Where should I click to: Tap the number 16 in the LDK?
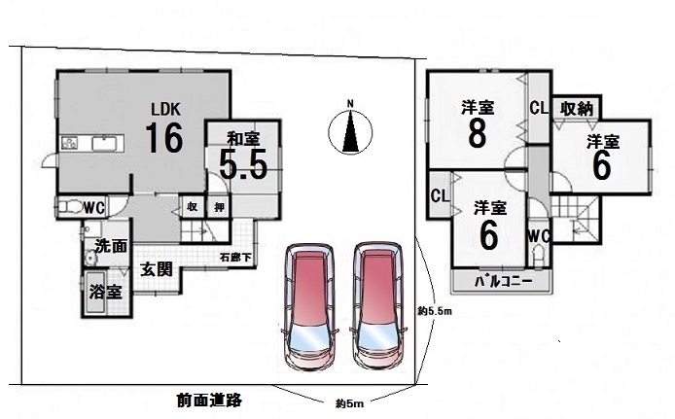pos(165,138)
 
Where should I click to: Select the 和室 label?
pos(242,137)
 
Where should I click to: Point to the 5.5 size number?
pos(242,165)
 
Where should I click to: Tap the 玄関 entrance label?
pos(156,268)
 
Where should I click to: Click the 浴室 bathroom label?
pos(106,291)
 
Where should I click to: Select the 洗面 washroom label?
pos(110,247)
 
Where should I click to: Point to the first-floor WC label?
pos(94,206)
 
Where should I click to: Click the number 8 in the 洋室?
pos(477,134)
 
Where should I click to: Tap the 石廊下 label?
pos(234,259)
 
